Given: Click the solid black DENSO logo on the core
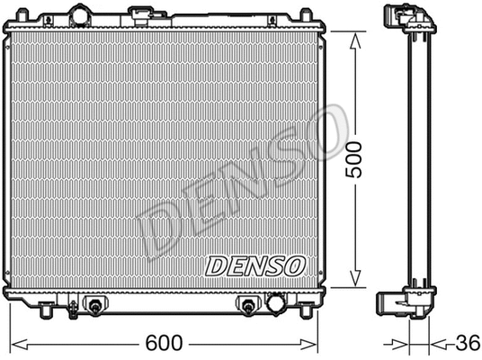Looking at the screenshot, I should (x=256, y=265).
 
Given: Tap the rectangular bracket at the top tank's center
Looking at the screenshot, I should (x=141, y=15).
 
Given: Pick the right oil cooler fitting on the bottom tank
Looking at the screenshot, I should (x=245, y=307).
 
